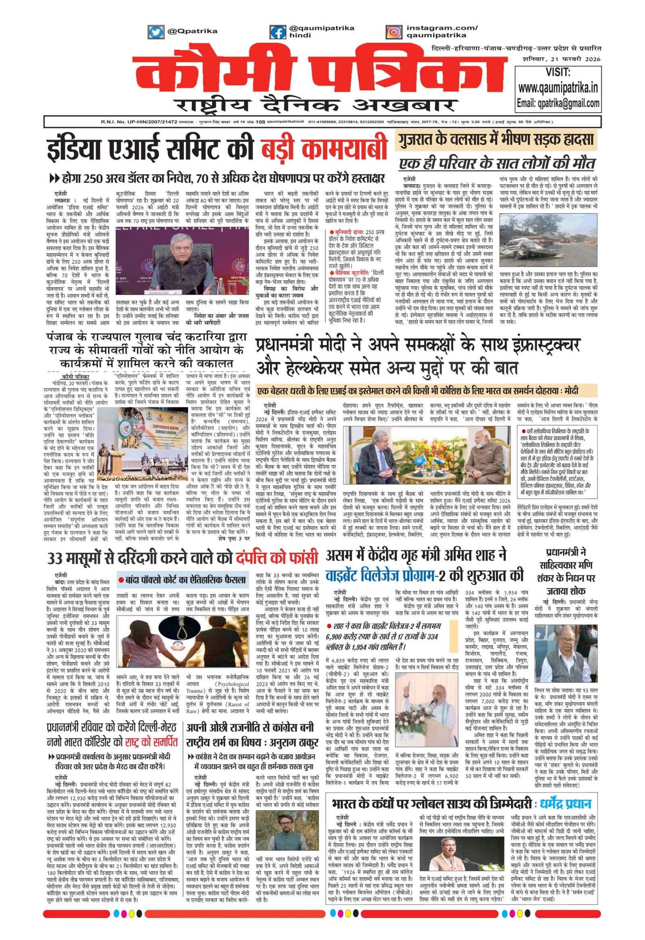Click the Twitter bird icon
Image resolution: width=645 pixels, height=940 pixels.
pyautogui.click(x=154, y=31)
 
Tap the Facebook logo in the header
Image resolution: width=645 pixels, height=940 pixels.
pyautogui.click(x=277, y=31)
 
